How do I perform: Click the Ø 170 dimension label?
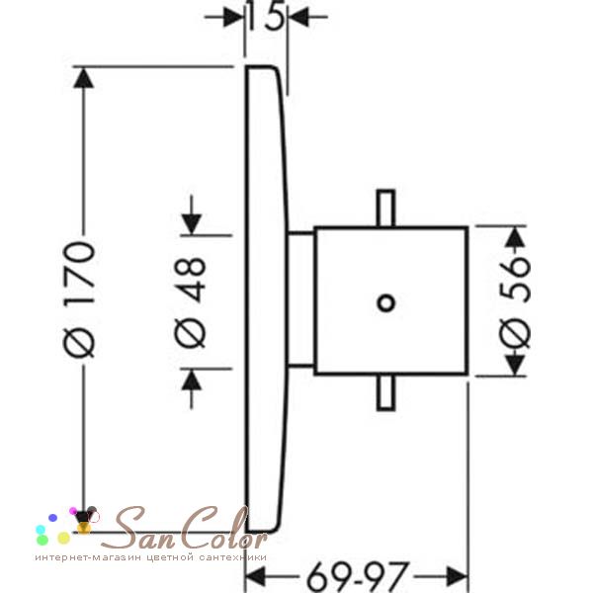tap(79, 299)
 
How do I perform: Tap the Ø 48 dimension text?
tap(190, 302)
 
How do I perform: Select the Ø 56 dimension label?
tap(515, 301)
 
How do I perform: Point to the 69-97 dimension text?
tap(358, 577)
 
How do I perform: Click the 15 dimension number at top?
tap(266, 16)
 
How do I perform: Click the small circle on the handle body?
tap(386, 303)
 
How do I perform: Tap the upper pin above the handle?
tap(386, 208)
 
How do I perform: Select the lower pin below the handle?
tap(386, 392)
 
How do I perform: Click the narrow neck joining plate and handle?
tap(301, 299)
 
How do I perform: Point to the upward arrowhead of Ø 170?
tap(83, 78)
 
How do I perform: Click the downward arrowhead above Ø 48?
tap(192, 224)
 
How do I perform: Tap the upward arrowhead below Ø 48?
tap(192, 380)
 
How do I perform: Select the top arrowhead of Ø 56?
tap(516, 237)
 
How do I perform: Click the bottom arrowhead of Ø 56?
tap(516, 365)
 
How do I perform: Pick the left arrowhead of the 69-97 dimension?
tap(256, 577)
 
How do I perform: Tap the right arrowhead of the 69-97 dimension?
tap(458, 577)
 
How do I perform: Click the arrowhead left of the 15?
tap(233, 17)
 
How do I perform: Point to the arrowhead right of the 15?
tap(298, 17)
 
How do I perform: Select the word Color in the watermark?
tap(222, 527)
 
